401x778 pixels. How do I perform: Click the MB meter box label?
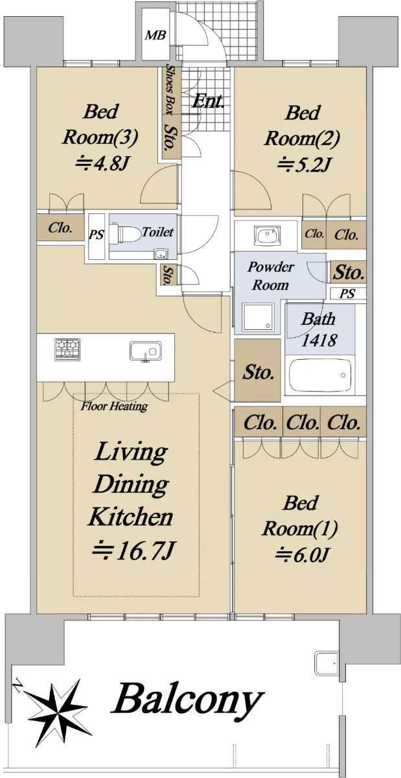click(155, 35)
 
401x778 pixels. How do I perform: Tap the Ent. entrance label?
click(207, 101)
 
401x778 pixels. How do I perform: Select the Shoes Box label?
click(170, 89)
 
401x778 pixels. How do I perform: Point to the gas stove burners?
click(67, 349)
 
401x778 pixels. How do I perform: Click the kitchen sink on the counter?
click(146, 351)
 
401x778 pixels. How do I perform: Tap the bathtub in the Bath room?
click(320, 376)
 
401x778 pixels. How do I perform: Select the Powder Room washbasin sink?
click(268, 235)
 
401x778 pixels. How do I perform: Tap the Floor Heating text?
click(114, 406)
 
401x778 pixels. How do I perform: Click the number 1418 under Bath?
click(319, 340)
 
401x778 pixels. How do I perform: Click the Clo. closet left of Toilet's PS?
click(60, 228)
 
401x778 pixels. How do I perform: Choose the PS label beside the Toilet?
click(96, 235)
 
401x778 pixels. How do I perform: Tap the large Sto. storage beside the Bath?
click(257, 371)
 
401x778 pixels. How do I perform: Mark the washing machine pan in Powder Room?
click(258, 316)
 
